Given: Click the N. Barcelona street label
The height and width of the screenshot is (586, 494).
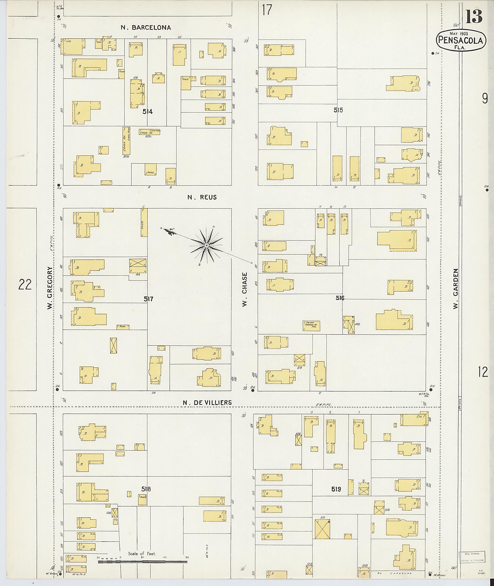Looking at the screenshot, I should pyautogui.click(x=146, y=28).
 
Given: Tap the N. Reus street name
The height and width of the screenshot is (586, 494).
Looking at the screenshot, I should pyautogui.click(x=202, y=197).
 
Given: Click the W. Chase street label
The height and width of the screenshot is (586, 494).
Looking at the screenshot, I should pyautogui.click(x=245, y=289).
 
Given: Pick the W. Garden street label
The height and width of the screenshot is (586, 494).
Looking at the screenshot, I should pyautogui.click(x=456, y=289).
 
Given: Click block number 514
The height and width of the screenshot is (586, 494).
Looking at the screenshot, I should pyautogui.click(x=148, y=112).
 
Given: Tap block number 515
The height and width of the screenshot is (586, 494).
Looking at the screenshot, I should pyautogui.click(x=338, y=110).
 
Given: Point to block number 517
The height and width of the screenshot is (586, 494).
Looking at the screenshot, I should pyautogui.click(x=148, y=299).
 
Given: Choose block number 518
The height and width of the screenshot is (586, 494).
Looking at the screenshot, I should pyautogui.click(x=146, y=489).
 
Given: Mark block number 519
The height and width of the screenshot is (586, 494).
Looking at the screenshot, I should pyautogui.click(x=336, y=489).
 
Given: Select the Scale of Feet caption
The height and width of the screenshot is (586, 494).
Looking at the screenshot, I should pyautogui.click(x=142, y=553).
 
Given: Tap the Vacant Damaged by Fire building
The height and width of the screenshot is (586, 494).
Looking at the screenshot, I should pyautogui.click(x=311, y=326).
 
